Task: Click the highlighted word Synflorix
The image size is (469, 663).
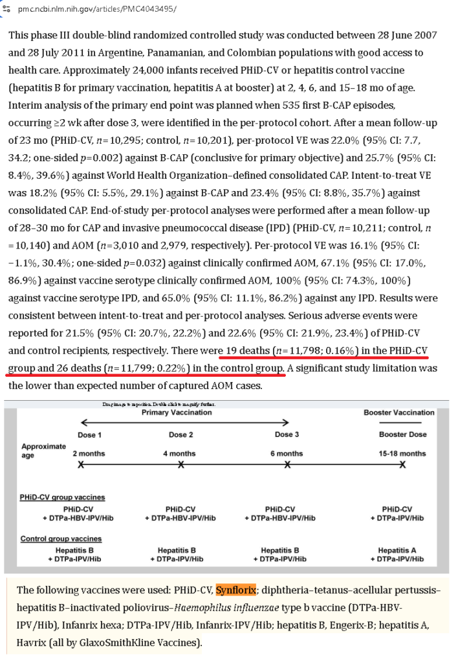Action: [237, 590]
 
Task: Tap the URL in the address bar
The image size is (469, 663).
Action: [98, 10]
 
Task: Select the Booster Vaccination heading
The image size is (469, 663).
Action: [398, 412]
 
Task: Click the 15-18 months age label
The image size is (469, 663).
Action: [402, 454]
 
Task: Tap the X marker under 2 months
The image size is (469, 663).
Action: [81, 465]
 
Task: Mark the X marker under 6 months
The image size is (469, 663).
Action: [287, 465]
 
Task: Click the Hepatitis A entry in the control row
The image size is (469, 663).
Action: [402, 550]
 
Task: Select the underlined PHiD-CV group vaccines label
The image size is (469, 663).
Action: [62, 497]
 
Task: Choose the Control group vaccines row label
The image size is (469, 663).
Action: [61, 539]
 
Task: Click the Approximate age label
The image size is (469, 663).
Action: [43, 450]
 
